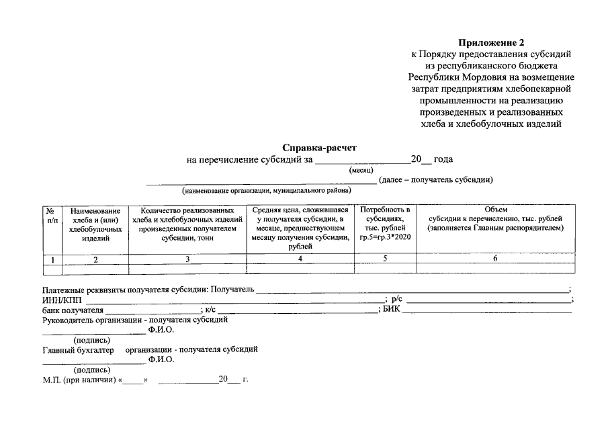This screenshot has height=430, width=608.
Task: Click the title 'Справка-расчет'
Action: [319, 146]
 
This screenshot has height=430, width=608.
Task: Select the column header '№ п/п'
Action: [51, 215]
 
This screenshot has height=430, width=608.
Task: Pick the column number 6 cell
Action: [494, 258]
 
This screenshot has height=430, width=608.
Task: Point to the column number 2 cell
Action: [95, 259]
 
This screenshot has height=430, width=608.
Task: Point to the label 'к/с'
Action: [210, 310]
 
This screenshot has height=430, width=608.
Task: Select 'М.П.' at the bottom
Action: [51, 380]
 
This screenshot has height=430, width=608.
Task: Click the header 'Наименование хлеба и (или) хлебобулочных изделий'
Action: [95, 224]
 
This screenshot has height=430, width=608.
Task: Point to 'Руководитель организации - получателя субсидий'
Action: [134, 320]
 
